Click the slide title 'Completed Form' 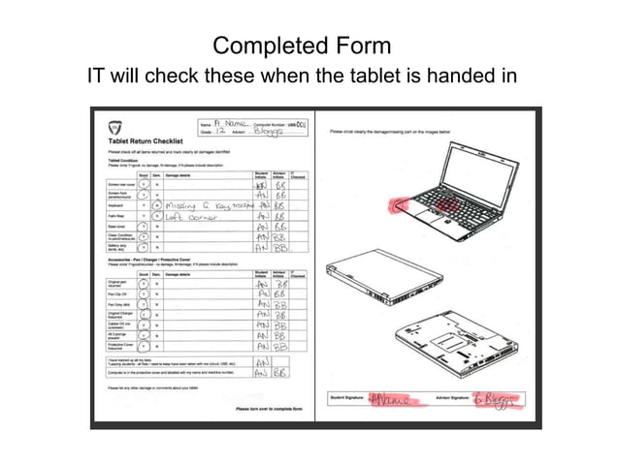tap(302, 46)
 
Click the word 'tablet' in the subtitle tap(378, 77)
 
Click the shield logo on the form tap(114, 128)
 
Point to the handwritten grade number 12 tap(220, 131)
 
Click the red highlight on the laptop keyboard tap(445, 206)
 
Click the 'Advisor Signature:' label tap(450, 398)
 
